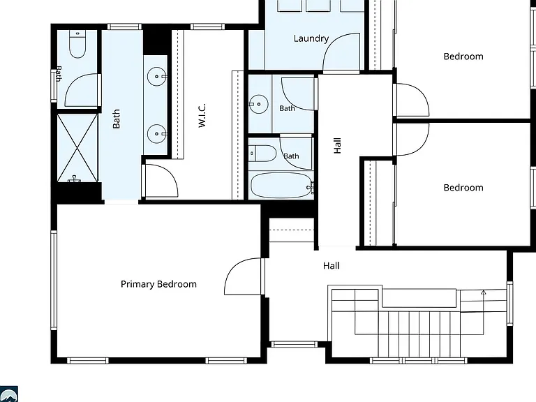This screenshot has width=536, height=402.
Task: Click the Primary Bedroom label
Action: click(x=158, y=285)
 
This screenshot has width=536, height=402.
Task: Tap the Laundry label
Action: click(x=311, y=38)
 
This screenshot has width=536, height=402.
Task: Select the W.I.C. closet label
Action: click(x=202, y=116)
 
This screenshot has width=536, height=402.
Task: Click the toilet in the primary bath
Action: click(x=77, y=44)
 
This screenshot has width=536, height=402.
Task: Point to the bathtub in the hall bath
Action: click(x=282, y=185)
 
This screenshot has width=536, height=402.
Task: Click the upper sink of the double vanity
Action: click(x=156, y=76)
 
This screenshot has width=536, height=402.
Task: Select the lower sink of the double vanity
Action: click(x=156, y=134)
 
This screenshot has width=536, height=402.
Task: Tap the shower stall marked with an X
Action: click(x=77, y=148)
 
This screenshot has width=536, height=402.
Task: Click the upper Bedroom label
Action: click(x=463, y=57)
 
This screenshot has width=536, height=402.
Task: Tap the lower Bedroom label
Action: click(x=463, y=188)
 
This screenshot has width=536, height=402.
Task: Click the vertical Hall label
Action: click(x=337, y=146)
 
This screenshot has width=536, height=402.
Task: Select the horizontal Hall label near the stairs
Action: click(x=332, y=266)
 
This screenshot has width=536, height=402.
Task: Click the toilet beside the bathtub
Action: click(x=262, y=154)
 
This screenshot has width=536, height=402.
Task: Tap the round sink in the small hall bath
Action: click(x=258, y=104)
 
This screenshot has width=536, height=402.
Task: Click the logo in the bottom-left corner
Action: click(x=8, y=394)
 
